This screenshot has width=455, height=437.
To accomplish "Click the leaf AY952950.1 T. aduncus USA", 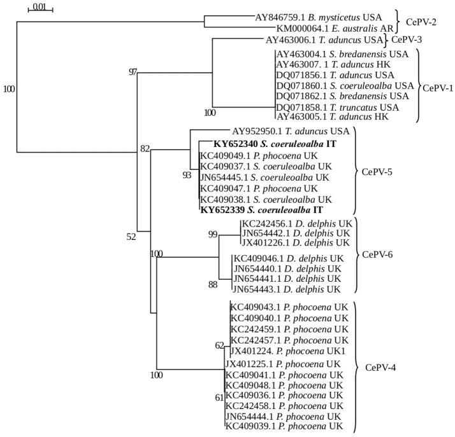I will point(291,131).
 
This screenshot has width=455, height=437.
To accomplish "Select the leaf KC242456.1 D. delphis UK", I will point(295,224).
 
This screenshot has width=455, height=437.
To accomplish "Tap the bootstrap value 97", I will point(133,72).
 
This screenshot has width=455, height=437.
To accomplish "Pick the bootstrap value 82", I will point(144,149).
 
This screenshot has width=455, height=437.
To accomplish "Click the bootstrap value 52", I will point(131,237).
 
